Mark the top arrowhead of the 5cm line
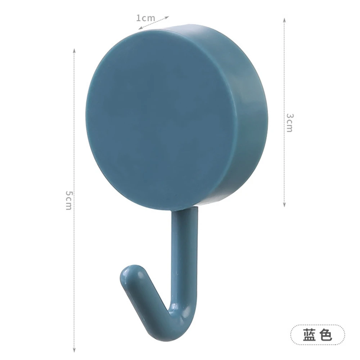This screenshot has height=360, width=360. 74,50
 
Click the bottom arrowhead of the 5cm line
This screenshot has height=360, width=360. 74,350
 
